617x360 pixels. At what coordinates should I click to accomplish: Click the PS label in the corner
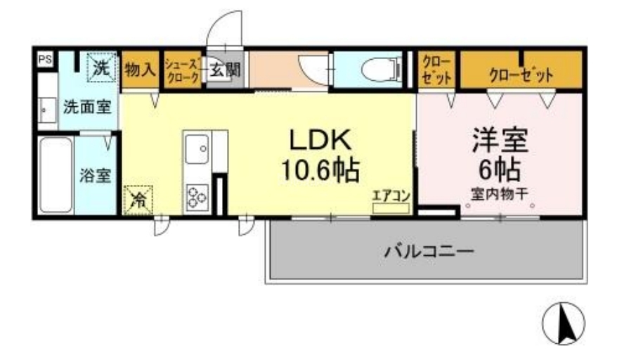pyautogui.click(x=44, y=60)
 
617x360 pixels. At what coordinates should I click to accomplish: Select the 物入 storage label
pyautogui.click(x=140, y=70)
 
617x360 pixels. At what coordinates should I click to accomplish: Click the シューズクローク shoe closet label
pyautogui.click(x=182, y=71)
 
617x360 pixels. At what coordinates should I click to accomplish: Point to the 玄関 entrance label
pyautogui.click(x=224, y=70)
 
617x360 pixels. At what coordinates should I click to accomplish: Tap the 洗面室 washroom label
pyautogui.click(x=87, y=108)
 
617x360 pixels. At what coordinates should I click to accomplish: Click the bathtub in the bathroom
pyautogui.click(x=54, y=176)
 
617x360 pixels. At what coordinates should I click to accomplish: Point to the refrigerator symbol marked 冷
pyautogui.click(x=139, y=199)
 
